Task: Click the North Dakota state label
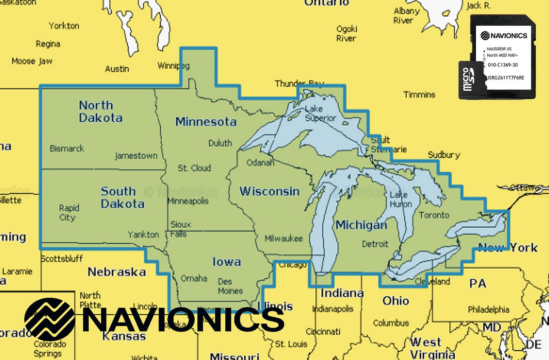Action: point(100,111)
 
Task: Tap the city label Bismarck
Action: point(67,149)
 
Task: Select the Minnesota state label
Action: point(206,122)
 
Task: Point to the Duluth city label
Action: point(220,143)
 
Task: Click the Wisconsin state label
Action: point(269,191)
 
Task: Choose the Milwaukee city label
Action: point(284,238)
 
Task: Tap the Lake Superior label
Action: point(320,113)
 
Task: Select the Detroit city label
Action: point(375,244)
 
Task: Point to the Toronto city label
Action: point(434,215)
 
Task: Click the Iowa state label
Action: point(226,262)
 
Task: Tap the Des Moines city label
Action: point(230,286)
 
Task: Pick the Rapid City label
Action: point(69,213)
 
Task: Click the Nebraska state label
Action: point(117,272)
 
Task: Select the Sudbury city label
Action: point(444,155)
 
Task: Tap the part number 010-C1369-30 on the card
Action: point(502,65)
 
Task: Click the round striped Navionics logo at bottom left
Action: point(49,319)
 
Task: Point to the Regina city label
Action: point(48,44)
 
